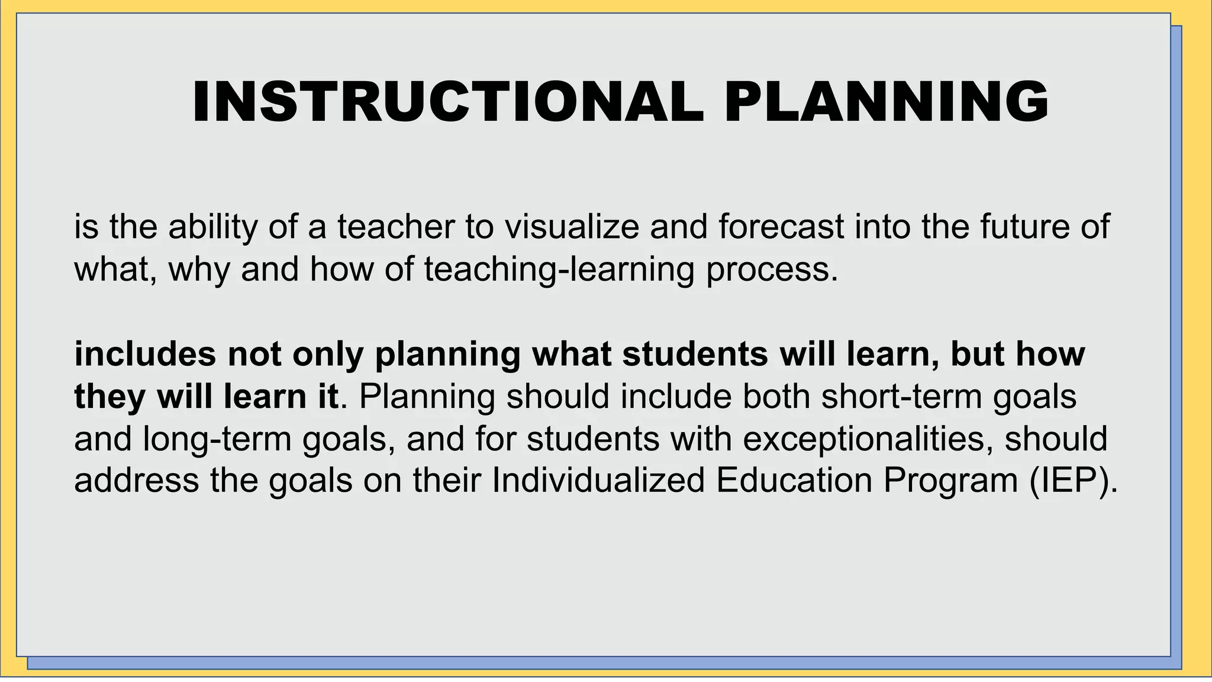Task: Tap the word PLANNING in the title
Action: point(886,102)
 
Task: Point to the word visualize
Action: point(571,227)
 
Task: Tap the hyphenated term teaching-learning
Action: point(558,269)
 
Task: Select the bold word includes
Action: point(145,354)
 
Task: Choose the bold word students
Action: point(695,354)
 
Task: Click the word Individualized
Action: point(598,481)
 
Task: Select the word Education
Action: point(794,481)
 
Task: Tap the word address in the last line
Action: point(136,481)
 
